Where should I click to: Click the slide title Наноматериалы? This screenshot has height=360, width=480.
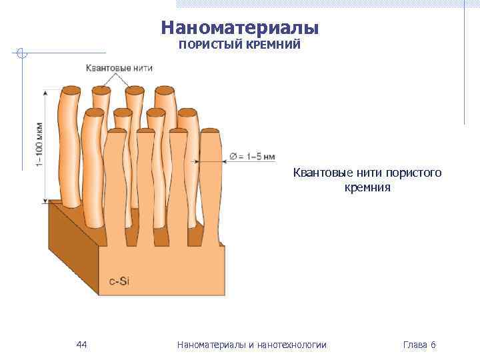tap(240, 28)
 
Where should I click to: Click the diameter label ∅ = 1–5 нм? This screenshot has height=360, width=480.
tap(252, 157)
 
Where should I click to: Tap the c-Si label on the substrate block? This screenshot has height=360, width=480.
tap(119, 281)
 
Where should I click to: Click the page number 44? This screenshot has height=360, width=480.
tap(82, 345)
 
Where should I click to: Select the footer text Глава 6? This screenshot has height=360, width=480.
tap(419, 345)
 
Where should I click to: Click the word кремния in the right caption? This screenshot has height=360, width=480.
tap(367, 187)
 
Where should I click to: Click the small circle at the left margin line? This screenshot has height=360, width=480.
tap(22, 53)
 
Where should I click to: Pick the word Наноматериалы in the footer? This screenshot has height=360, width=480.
tap(210, 345)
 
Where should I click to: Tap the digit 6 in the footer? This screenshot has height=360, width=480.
tap(433, 345)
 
